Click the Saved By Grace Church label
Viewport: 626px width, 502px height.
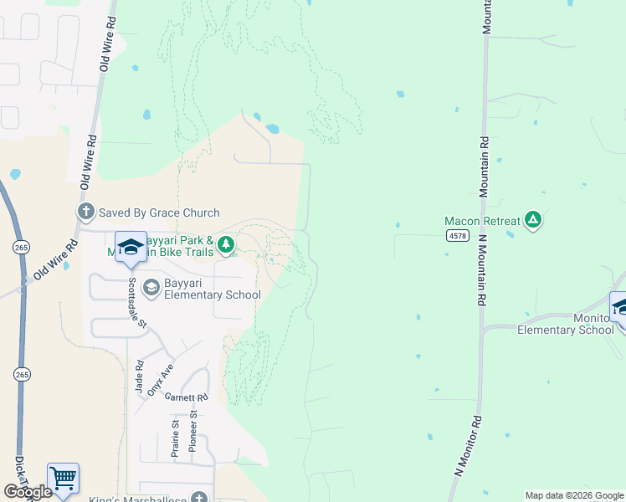(x=159, y=213)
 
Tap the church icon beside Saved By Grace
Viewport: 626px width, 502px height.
(x=85, y=213)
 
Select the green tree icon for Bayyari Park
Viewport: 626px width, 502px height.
(x=225, y=245)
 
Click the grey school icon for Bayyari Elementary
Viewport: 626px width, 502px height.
(x=151, y=288)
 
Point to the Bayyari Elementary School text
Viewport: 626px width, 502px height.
(x=213, y=289)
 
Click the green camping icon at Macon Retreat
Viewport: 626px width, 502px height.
(x=533, y=221)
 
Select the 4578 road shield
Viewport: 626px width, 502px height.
(x=456, y=237)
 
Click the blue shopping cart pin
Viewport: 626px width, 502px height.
(x=63, y=479)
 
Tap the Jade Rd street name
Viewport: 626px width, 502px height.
(x=139, y=376)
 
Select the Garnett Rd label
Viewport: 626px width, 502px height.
(x=186, y=397)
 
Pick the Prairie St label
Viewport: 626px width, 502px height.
(x=176, y=437)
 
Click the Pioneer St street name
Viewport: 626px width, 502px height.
(x=192, y=432)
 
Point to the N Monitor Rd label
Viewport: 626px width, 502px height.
(x=469, y=445)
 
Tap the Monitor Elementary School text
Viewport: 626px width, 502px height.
(x=565, y=325)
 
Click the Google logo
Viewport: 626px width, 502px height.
(x=28, y=491)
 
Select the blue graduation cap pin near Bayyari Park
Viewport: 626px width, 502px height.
(x=131, y=247)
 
